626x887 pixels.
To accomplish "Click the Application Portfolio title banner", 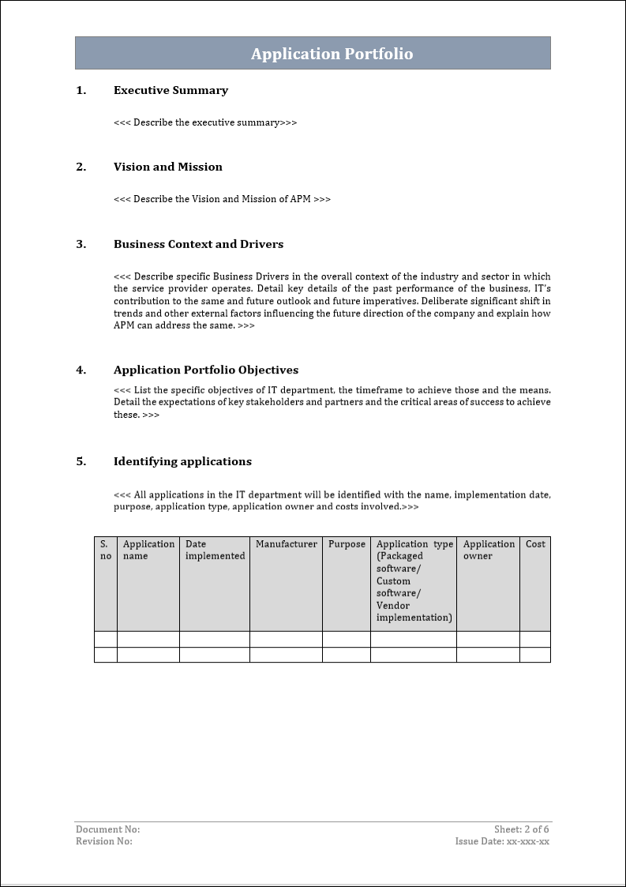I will (332, 54).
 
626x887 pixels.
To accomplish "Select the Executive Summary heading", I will (171, 90).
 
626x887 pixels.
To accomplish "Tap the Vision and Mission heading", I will (167, 167).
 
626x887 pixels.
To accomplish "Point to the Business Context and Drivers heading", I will (198, 244).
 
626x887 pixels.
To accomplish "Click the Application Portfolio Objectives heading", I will (205, 370).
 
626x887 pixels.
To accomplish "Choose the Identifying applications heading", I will (182, 461).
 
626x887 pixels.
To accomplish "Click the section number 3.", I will (81, 244).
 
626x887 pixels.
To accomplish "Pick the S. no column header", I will (105, 550).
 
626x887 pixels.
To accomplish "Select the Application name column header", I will (148, 550).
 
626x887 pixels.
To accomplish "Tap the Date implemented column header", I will (215, 550).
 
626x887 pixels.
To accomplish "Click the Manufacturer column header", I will (286, 544).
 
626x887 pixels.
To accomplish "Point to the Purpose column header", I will (347, 544).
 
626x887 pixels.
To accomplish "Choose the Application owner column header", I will (489, 550).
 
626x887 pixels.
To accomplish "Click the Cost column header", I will (535, 544).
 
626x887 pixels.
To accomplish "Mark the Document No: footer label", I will (107, 829).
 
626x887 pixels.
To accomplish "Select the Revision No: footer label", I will (104, 841).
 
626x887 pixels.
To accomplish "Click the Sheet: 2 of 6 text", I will (521, 829).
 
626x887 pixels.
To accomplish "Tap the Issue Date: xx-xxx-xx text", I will (502, 841).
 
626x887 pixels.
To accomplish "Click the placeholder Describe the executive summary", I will (205, 122).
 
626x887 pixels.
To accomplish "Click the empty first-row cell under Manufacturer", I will (286, 639).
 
